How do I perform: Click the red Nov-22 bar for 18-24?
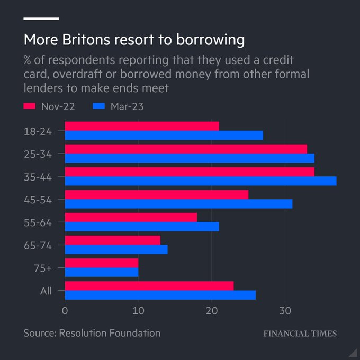point(141,126)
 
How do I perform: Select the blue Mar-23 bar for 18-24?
point(164,135)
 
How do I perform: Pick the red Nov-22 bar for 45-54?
point(156,194)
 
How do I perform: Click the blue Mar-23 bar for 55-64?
point(141,227)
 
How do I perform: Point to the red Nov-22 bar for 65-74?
point(112,240)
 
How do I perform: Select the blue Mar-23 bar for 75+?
point(101,272)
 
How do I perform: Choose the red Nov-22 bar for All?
point(149,286)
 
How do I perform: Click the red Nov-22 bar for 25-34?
point(185,149)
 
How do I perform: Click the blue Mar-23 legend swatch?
point(98,106)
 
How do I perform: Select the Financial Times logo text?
point(300,334)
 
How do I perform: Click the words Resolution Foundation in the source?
point(109,333)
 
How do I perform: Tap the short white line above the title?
point(41,19)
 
